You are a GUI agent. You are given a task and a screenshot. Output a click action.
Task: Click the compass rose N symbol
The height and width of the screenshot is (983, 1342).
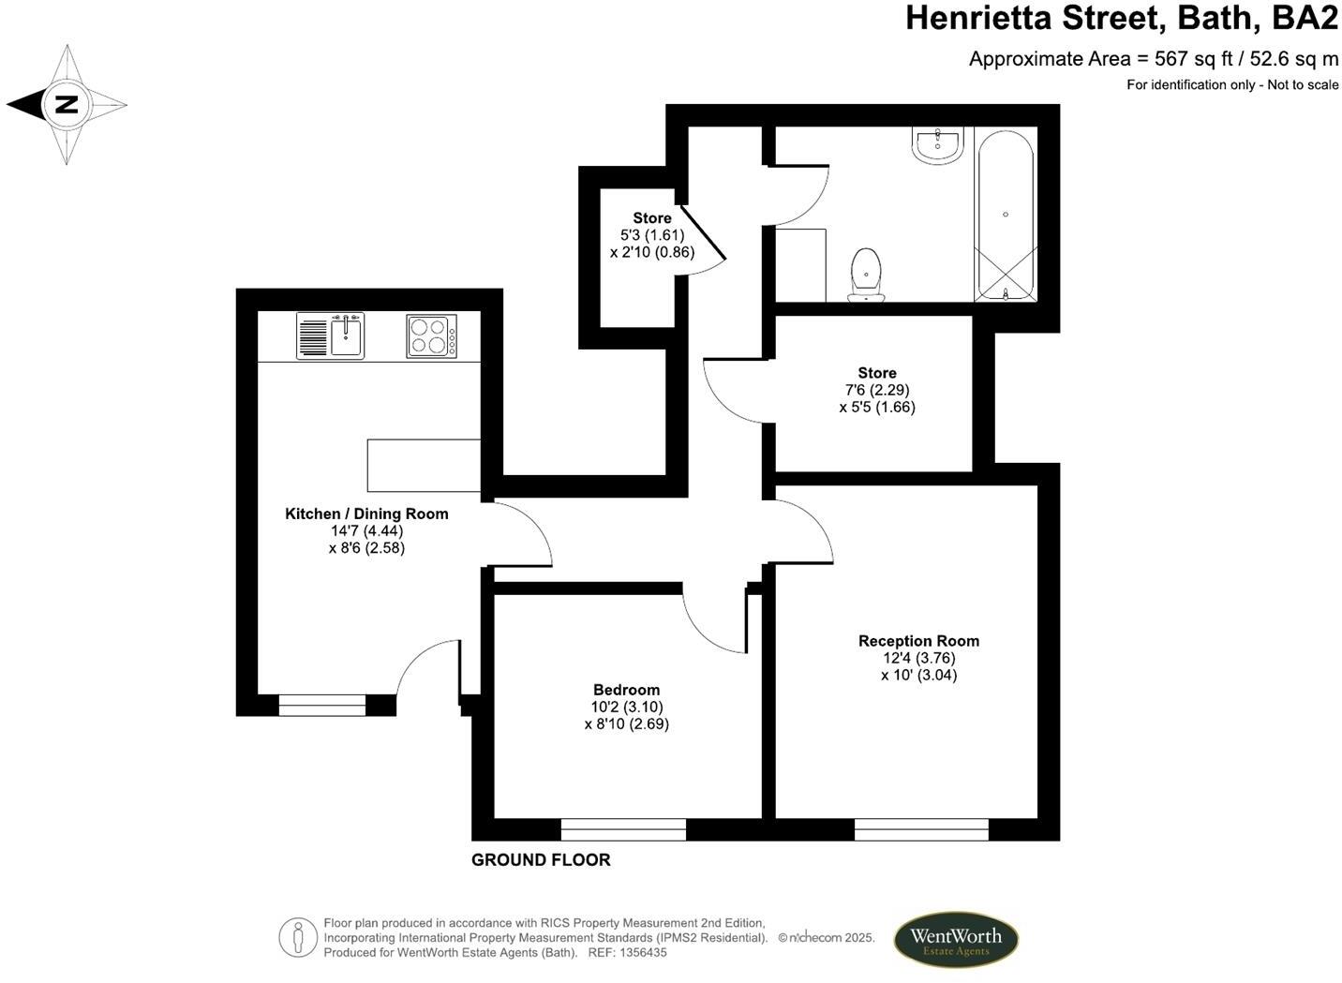(x=66, y=104)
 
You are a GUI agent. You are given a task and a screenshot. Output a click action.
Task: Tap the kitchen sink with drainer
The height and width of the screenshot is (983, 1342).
(x=330, y=335)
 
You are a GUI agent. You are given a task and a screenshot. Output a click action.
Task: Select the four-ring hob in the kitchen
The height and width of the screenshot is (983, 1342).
(x=431, y=336)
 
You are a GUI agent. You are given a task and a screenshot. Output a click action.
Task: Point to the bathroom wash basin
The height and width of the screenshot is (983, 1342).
(x=936, y=146)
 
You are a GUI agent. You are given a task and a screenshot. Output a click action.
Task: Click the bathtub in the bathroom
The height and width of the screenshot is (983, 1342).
(x=1006, y=216)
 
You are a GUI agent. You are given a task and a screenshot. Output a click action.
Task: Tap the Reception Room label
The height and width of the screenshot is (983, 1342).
(x=918, y=641)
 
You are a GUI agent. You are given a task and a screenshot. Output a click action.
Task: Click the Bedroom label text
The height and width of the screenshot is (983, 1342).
(x=626, y=690)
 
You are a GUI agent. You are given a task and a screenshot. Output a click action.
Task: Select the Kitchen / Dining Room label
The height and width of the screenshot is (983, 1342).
(x=366, y=514)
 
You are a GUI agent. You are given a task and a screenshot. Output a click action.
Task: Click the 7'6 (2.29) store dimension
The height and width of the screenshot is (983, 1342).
(x=877, y=390)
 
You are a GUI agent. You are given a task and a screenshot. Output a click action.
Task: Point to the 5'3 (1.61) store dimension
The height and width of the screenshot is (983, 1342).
(x=652, y=235)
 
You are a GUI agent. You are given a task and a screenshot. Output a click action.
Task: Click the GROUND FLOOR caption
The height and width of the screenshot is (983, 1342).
(x=541, y=860)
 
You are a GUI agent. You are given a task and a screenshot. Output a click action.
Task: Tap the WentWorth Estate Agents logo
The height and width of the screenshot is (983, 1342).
(x=955, y=940)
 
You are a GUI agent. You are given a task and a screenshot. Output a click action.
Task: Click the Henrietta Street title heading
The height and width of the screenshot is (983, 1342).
(x=1121, y=18)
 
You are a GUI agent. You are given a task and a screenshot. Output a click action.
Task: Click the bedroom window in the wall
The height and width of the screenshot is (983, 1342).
(x=623, y=829)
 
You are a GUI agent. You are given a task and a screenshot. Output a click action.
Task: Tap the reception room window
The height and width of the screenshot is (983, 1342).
(x=921, y=829)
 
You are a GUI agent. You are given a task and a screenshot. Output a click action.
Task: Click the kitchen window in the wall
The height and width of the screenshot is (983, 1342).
(x=322, y=706)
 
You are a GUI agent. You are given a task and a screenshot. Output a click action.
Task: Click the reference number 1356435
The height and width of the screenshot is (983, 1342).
(x=636, y=952)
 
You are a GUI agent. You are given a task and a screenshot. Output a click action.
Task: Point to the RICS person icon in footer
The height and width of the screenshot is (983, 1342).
(x=298, y=937)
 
